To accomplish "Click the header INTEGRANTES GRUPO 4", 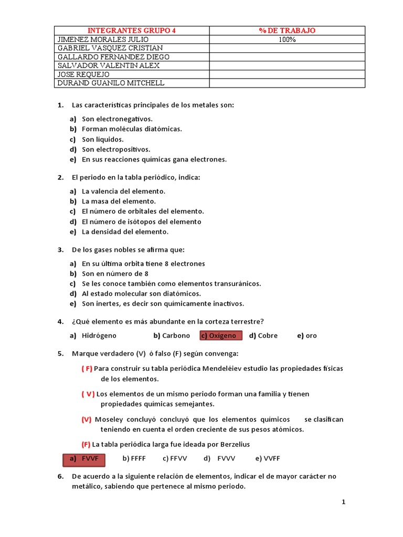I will pos(131,30).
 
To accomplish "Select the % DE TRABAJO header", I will pos(287,30).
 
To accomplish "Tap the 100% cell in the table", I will pos(287,39).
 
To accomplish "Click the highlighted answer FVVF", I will pos(84,458).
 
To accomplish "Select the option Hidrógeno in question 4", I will pos(99,336).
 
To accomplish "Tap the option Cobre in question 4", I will pos(268,336).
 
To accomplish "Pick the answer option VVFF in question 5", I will pos(272,458).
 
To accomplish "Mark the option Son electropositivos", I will pos(116,149).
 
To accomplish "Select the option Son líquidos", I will pos(103,139).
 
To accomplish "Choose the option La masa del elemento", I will pos(119,201).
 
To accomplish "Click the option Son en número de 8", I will pos(115,274).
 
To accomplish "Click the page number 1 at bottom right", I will pos(343,502).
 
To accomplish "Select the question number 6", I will pos(60,476).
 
